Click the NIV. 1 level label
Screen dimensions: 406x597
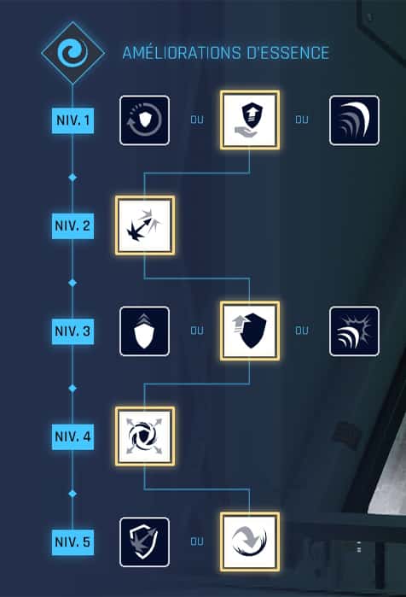pos(72,120)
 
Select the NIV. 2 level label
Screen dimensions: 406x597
pos(72,225)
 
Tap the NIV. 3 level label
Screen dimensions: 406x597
pos(72,331)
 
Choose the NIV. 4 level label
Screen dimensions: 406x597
pos(72,436)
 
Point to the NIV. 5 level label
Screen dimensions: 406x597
pos(72,541)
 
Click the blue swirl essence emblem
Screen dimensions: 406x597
pos(72,53)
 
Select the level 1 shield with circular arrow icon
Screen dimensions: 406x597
pos(144,120)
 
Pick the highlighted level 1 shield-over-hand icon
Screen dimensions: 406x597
pos(250,120)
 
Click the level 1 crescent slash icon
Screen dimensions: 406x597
pos(354,120)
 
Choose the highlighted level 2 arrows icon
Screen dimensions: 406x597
pos(145,225)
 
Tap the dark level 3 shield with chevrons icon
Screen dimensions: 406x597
pos(144,331)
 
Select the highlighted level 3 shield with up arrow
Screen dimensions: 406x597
pos(250,331)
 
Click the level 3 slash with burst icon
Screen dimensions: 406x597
pos(354,331)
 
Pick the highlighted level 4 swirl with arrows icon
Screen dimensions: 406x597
pos(145,436)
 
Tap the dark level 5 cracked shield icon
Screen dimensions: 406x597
pos(144,541)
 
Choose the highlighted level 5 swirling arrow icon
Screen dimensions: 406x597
pos(250,541)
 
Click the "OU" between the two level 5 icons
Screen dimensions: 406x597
pos(197,541)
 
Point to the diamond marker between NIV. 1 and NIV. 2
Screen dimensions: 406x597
pos(72,178)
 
